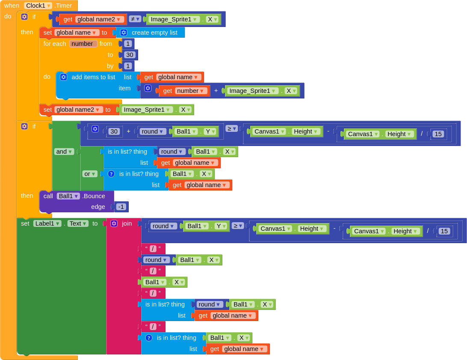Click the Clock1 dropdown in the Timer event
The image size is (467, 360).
(x=38, y=6)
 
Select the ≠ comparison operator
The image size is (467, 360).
(x=135, y=19)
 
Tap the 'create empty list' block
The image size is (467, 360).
(x=151, y=33)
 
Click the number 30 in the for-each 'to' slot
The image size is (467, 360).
(x=130, y=55)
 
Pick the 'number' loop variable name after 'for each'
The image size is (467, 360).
(x=83, y=44)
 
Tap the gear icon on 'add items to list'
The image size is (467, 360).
(x=63, y=77)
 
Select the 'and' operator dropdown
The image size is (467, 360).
(x=64, y=152)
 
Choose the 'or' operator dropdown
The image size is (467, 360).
(x=90, y=174)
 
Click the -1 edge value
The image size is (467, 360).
(x=121, y=207)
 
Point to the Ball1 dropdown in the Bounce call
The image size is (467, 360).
(x=68, y=196)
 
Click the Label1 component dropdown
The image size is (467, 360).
(x=47, y=223)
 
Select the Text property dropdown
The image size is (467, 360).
(x=78, y=223)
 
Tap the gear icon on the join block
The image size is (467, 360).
(x=114, y=223)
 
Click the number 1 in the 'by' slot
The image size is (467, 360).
(x=128, y=66)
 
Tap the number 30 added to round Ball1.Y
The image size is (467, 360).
(x=114, y=131)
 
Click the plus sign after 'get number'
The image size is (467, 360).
(x=216, y=91)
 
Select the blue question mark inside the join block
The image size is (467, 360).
(x=149, y=338)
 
